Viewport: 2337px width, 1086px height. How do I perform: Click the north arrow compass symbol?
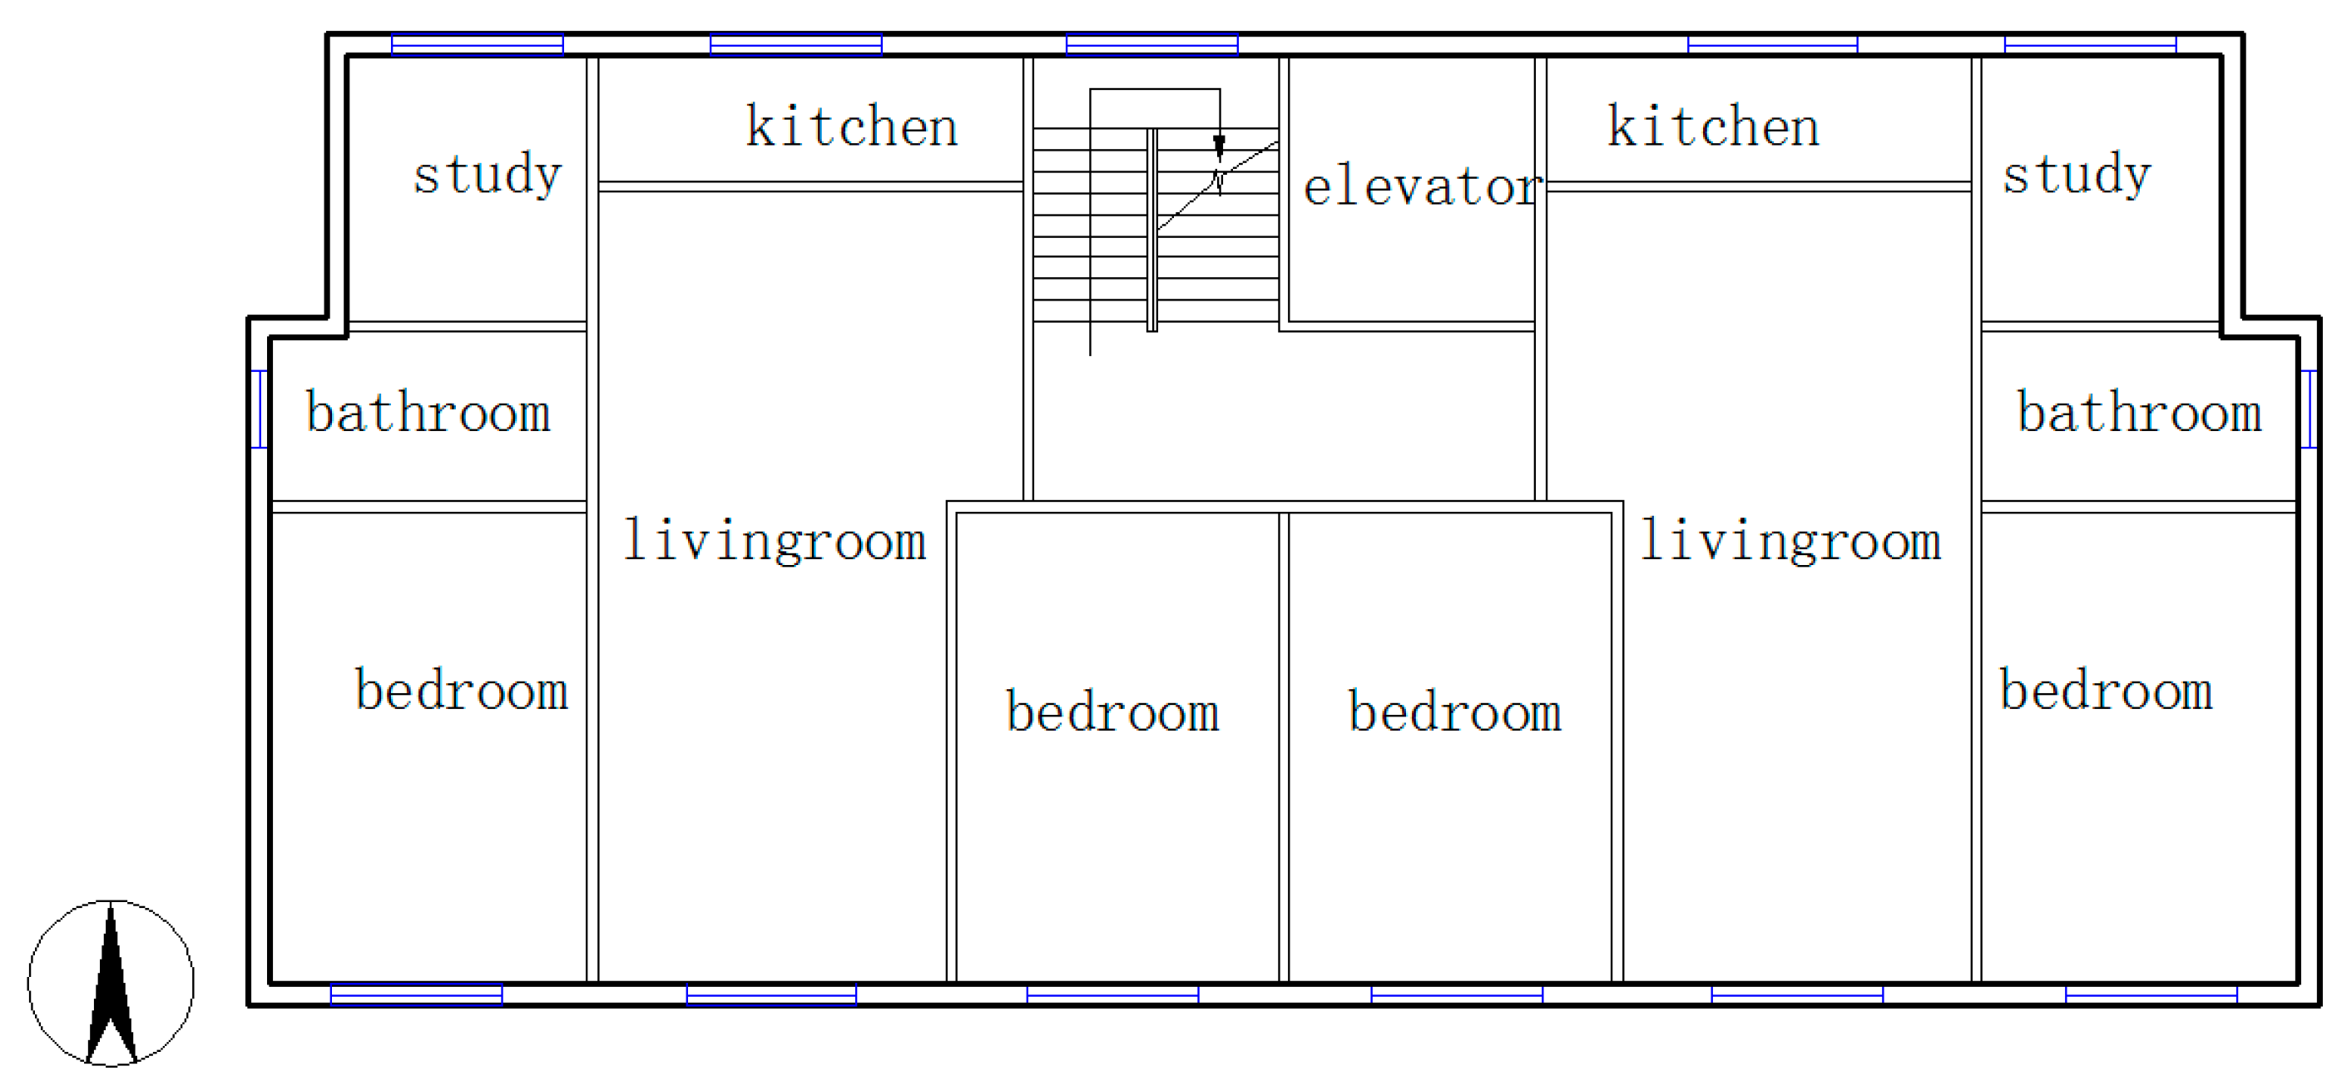[111, 983]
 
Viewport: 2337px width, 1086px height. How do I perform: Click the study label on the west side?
[488, 174]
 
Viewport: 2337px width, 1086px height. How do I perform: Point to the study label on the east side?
[2077, 174]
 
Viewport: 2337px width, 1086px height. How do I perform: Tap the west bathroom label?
[428, 412]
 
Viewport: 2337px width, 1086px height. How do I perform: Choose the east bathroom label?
[2139, 412]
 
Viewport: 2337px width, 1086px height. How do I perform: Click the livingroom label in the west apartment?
[775, 541]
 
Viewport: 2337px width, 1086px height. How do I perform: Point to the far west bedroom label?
[461, 690]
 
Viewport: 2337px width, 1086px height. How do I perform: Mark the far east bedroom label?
[2107, 690]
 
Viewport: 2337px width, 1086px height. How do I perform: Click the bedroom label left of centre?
[1112, 711]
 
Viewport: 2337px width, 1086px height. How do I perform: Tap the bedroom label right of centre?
[1455, 711]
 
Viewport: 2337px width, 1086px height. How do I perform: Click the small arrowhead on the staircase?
[1220, 147]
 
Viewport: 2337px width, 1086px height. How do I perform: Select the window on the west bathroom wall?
[259, 409]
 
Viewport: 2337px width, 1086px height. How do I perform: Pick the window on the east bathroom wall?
[2309, 409]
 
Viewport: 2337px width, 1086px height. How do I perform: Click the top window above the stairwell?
[1152, 43]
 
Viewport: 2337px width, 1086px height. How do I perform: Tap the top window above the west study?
[478, 43]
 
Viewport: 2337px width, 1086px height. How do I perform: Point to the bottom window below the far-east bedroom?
[2151, 994]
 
